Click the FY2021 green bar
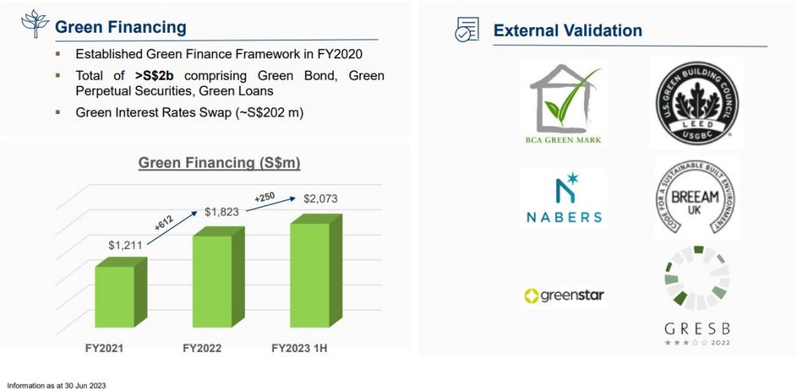tap(121, 292)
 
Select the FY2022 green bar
tap(218, 277)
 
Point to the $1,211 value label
tap(126, 245)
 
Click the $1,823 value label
tap(222, 211)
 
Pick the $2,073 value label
tap(320, 199)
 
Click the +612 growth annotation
tap(163, 224)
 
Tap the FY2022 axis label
tap(202, 349)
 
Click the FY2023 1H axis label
tap(299, 349)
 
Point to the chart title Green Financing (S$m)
tap(220, 163)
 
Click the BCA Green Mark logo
tap(563, 105)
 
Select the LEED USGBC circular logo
tap(697, 102)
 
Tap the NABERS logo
tap(564, 198)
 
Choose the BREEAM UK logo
tap(696, 199)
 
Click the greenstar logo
tap(564, 296)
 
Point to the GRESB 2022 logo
tap(697, 296)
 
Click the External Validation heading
tap(567, 30)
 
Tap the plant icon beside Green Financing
tap(34, 23)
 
